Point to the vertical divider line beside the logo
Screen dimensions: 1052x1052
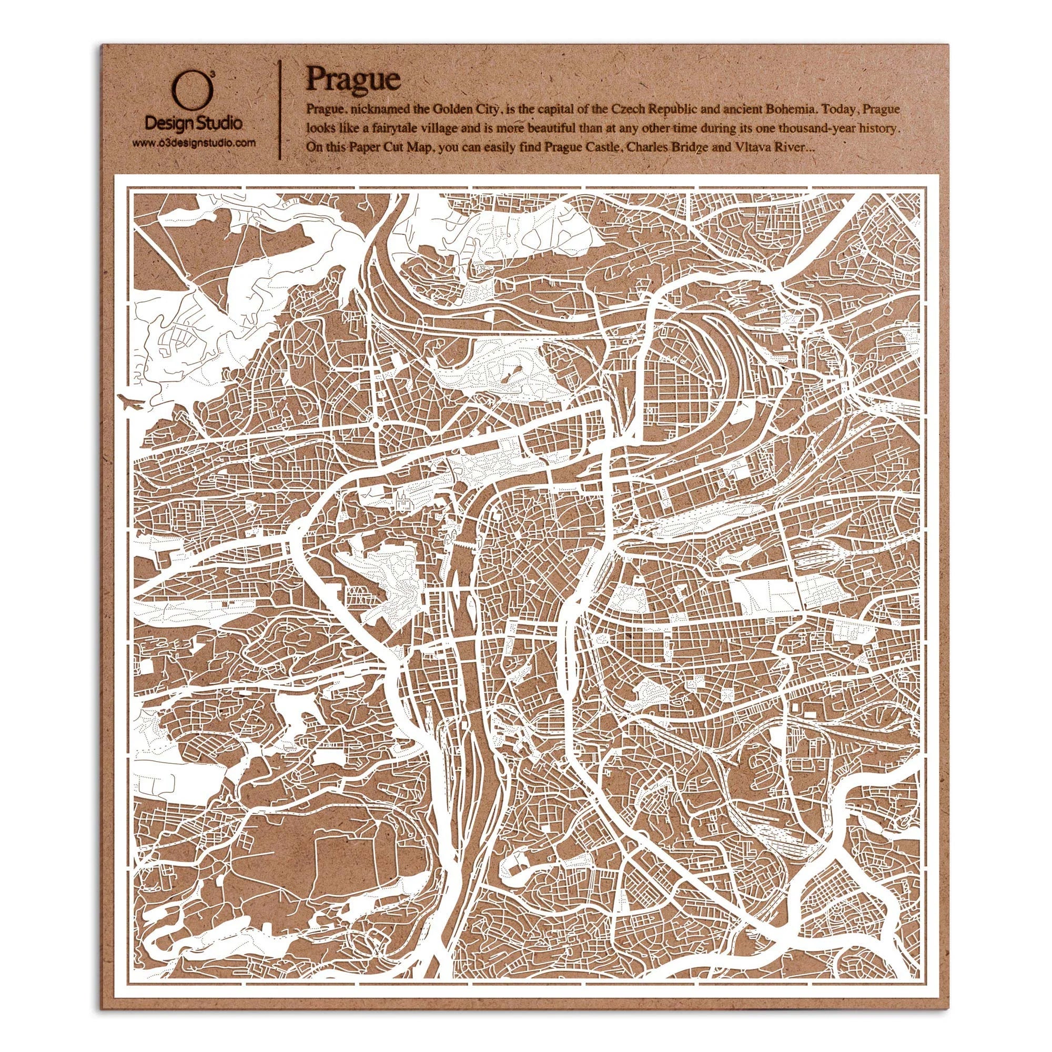click(280, 109)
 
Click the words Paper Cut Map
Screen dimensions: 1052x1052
click(389, 148)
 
